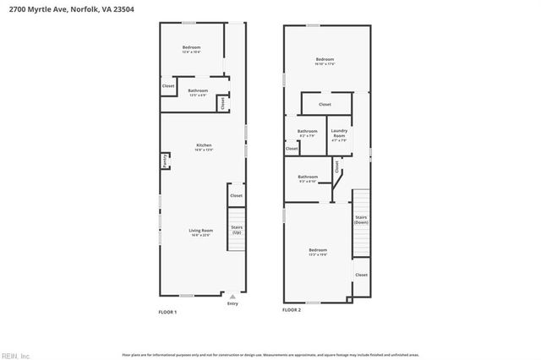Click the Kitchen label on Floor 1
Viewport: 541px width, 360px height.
coord(204,147)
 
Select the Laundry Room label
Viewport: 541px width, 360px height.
coord(339,133)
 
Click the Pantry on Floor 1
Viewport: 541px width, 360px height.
coord(164,160)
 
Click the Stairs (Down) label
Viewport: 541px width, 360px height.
coord(361,221)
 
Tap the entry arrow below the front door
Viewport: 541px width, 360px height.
coord(232,297)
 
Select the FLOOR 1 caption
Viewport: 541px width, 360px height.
coord(167,312)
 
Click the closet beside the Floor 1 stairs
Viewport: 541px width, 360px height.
coord(236,195)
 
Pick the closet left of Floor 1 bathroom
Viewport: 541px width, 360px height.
coord(168,85)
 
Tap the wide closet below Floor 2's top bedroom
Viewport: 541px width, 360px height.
coord(325,105)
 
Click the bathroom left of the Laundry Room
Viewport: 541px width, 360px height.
coord(307,133)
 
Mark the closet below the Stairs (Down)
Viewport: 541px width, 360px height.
coord(361,275)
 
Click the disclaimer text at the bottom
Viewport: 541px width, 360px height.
coord(270,354)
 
